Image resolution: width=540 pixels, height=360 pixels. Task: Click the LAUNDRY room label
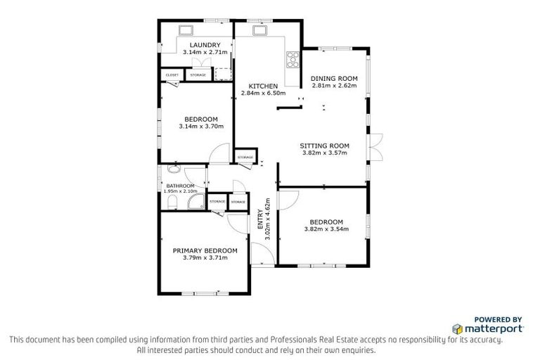(x=200, y=45)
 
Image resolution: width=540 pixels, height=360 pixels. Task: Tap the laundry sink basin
(x=188, y=30)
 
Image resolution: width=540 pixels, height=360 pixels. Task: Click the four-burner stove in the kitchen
(x=292, y=59)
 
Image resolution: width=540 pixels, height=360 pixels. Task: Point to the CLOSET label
(x=172, y=75)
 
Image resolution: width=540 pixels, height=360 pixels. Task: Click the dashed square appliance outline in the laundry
(x=223, y=74)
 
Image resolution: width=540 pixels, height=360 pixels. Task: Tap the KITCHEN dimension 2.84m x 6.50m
(x=264, y=93)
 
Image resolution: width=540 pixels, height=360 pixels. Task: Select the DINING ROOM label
(x=334, y=78)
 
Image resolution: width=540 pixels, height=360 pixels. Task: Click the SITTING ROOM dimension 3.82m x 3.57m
(x=326, y=153)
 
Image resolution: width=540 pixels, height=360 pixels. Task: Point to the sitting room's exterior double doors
(x=377, y=146)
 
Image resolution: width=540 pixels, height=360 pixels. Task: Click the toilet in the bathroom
(x=172, y=202)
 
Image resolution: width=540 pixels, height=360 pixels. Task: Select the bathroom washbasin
(x=173, y=169)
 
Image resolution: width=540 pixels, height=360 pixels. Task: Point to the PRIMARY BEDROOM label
(x=205, y=250)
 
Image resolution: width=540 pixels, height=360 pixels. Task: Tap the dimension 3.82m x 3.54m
(x=326, y=229)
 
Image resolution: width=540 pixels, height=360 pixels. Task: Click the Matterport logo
(x=487, y=328)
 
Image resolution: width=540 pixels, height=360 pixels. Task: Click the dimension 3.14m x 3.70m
(x=201, y=127)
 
